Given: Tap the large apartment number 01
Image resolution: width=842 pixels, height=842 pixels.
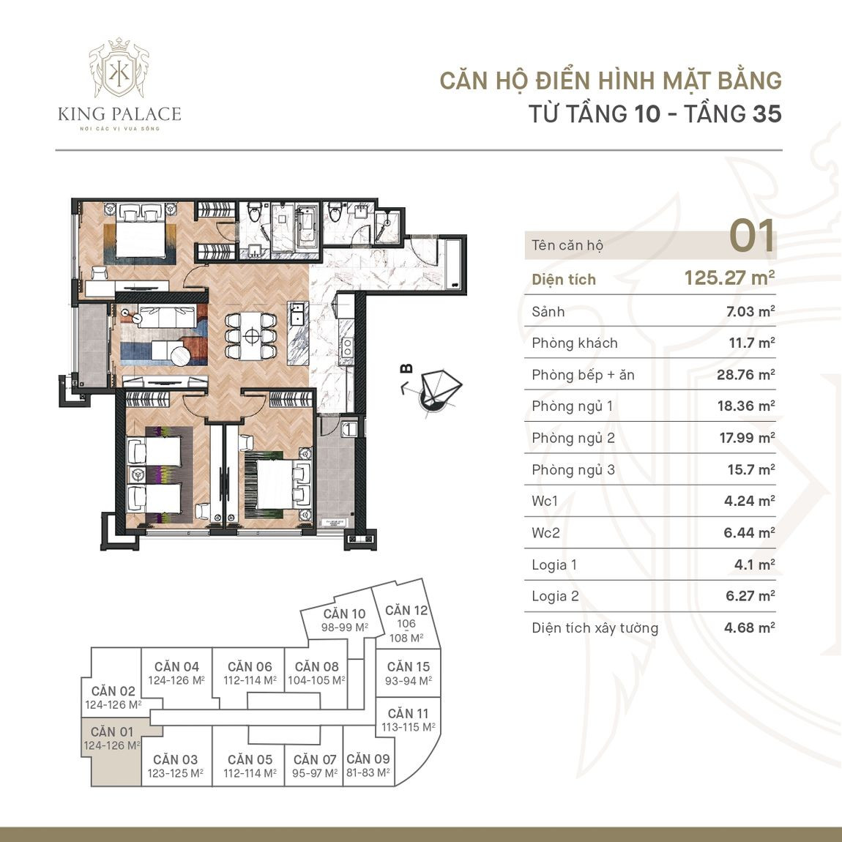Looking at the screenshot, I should click(751, 237).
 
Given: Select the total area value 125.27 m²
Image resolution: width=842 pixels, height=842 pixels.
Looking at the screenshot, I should click(729, 278).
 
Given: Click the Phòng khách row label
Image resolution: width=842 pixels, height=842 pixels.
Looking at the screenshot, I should click(575, 343).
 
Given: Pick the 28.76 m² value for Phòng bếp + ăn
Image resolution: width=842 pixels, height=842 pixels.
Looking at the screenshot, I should click(745, 375).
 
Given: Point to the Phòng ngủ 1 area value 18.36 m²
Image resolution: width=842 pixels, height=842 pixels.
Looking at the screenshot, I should click(745, 406).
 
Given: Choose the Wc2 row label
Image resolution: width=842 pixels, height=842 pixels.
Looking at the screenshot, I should click(545, 533).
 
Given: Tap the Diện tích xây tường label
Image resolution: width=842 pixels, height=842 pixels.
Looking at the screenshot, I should click(595, 628).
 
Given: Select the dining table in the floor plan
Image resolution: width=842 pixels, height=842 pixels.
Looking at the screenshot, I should click(251, 336).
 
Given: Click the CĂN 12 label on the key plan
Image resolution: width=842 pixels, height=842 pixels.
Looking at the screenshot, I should click(406, 611).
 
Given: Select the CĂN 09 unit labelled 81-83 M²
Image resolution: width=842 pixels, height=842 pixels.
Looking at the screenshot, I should click(368, 766).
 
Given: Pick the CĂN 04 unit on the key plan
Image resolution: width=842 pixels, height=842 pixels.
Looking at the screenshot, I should click(176, 673).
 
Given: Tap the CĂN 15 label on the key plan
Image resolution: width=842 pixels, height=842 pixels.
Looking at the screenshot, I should click(408, 667).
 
